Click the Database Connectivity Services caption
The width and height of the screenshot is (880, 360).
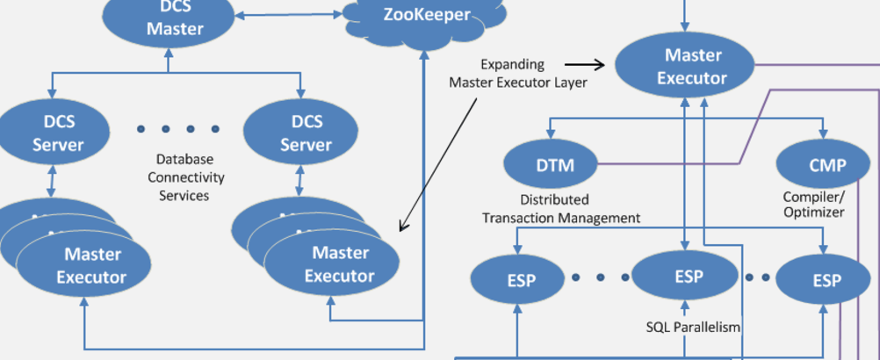tap(184, 177)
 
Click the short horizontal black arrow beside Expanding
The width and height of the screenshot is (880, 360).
tap(584, 64)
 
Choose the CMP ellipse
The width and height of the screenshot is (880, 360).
tap(826, 165)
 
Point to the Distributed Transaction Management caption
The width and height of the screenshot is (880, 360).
tap(561, 209)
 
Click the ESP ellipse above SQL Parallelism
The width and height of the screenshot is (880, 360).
tap(688, 277)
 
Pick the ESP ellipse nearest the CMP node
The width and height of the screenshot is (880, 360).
tap(826, 280)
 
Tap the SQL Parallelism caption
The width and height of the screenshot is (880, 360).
tap(694, 327)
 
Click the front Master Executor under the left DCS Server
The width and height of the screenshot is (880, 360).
tap(91, 265)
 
